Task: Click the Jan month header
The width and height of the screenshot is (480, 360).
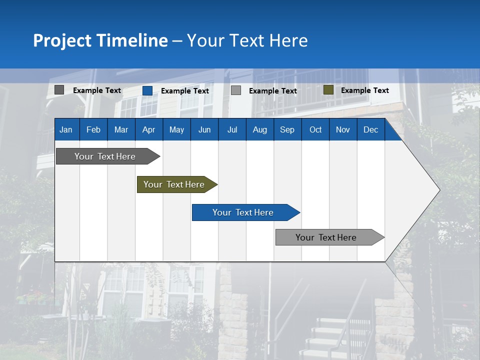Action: [66, 129]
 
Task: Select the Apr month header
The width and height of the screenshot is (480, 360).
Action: [148, 129]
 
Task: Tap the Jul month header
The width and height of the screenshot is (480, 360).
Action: [232, 129]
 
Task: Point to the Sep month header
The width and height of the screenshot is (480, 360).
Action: [287, 129]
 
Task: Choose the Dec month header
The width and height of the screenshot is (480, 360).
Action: [370, 129]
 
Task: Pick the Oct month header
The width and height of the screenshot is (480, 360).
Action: [315, 129]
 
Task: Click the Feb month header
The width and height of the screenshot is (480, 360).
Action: [93, 129]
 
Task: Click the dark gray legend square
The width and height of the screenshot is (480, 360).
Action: [59, 90]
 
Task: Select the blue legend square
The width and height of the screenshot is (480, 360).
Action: [147, 90]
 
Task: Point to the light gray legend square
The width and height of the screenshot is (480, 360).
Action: [236, 90]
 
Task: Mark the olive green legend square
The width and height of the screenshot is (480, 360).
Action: [328, 90]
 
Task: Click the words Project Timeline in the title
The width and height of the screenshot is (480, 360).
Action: [100, 40]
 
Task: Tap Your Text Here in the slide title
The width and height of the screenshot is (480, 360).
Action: [247, 40]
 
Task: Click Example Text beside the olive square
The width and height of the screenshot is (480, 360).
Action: [364, 90]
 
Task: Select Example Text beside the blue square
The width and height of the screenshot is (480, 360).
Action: [184, 91]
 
